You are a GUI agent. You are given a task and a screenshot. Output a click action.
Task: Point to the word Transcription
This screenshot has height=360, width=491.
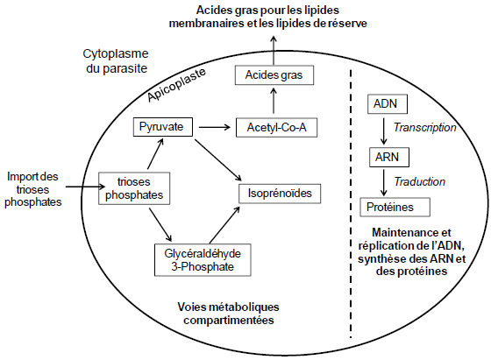424,128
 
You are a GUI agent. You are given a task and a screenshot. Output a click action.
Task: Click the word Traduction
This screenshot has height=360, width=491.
420,181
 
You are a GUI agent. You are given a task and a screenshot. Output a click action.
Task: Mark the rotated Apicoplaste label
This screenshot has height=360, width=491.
176,84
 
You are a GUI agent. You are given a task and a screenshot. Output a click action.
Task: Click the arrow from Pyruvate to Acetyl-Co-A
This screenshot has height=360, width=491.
215,127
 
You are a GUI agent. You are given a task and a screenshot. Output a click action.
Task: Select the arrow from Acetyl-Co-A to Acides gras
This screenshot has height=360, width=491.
274,101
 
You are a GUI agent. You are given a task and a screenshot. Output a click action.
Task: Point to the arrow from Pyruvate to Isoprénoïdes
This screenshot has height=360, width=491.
218,160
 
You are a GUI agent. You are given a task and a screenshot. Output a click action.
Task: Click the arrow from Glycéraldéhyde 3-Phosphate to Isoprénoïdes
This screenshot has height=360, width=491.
224,224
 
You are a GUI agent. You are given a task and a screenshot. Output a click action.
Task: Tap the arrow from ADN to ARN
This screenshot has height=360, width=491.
384,131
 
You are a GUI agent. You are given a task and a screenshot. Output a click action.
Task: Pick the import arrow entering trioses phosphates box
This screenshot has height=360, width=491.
85,187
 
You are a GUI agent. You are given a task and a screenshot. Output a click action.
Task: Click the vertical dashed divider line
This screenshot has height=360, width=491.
351,203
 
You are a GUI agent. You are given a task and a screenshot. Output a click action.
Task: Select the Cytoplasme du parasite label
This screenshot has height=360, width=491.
116,61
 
